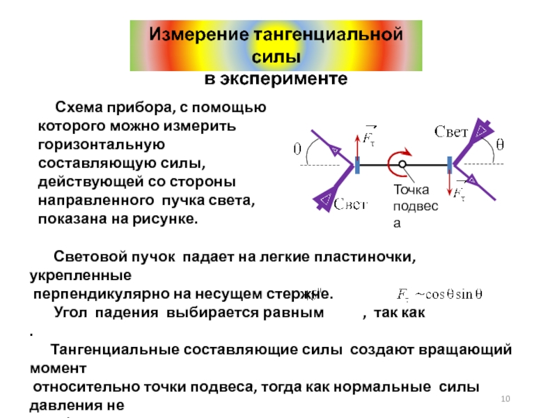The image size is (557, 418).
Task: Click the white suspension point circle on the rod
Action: tap(403, 164)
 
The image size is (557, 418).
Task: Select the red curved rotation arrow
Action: tap(402, 154)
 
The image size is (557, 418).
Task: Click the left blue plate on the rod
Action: tap(358, 165)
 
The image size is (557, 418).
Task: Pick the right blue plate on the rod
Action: tap(450, 165)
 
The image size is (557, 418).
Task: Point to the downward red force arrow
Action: tap(450, 187)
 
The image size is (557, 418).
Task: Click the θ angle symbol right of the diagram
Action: tap(499, 145)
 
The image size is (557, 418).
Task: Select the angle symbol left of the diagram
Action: tap(297, 149)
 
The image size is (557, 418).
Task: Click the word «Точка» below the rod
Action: tap(411, 190)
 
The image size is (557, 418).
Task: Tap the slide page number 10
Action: tap(505, 398)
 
